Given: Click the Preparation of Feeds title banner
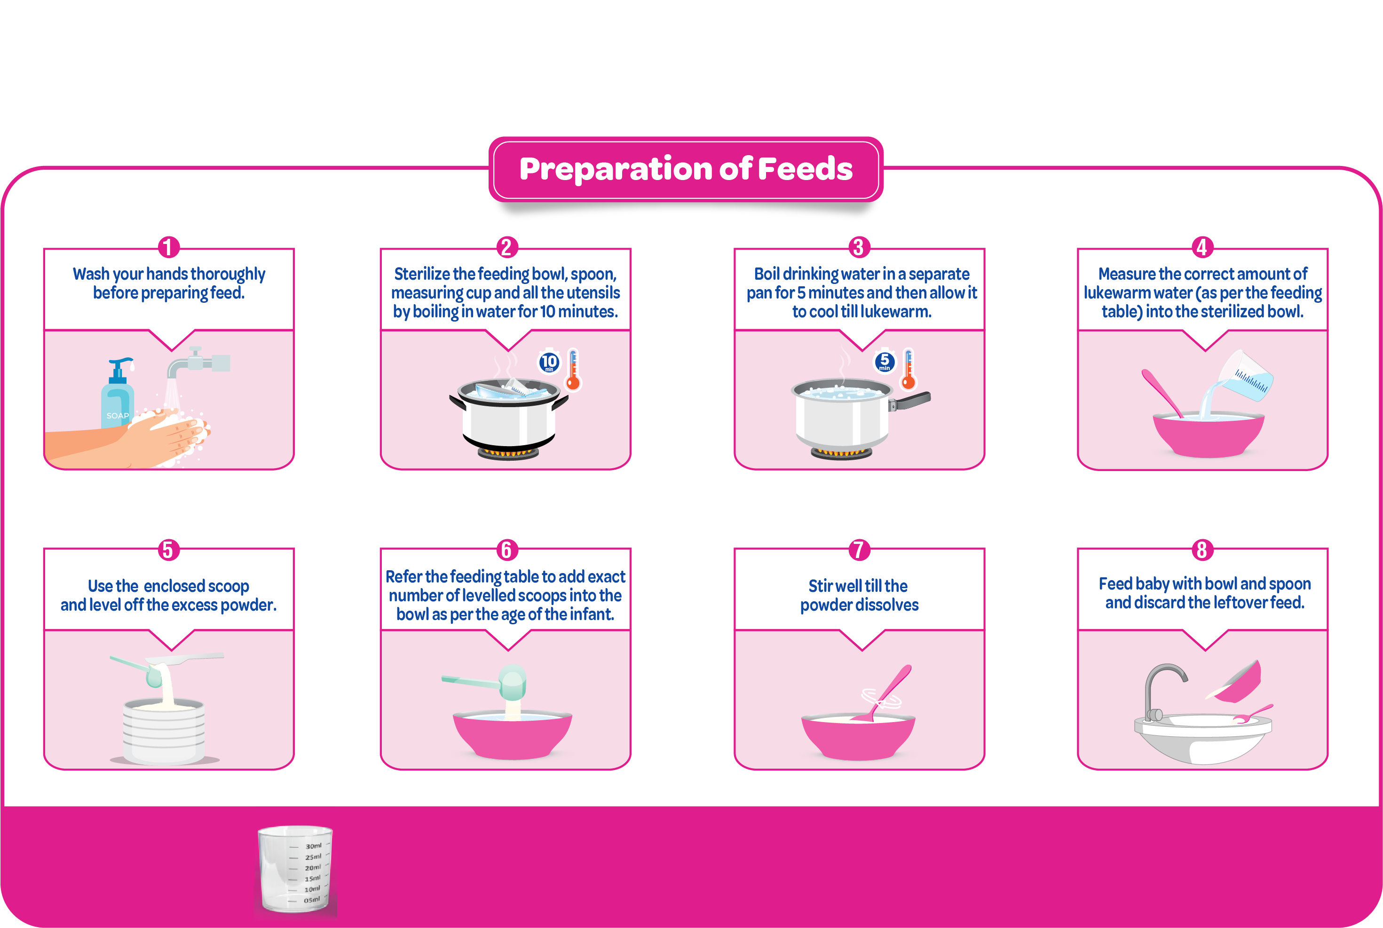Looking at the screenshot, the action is point(686,169).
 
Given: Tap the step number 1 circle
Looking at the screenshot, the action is point(169,247).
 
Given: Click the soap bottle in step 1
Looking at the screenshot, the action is point(119,393).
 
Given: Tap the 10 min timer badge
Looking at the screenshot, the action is point(549,362).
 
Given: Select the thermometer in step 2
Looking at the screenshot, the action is point(573,370).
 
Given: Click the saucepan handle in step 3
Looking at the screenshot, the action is point(910,401).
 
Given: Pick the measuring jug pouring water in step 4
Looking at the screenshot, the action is point(1243,377).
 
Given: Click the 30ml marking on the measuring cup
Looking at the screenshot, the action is point(313,846).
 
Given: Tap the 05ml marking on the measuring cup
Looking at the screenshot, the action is point(312,900).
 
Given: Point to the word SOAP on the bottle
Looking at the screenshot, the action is point(117,416).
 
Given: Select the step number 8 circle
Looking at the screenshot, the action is point(1202,550).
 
